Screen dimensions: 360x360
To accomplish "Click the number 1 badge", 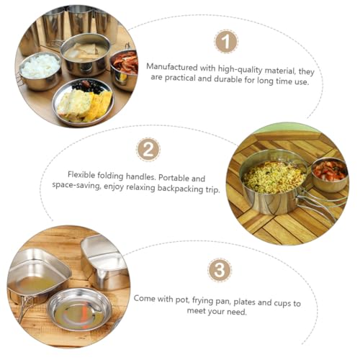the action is [226, 42].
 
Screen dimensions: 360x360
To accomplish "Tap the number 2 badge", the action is [148, 150].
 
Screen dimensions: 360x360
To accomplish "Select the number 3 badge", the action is [220, 270].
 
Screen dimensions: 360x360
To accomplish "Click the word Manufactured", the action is [172, 67].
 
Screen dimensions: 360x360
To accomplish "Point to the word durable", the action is [228, 79].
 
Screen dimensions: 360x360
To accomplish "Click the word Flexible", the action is [81, 175].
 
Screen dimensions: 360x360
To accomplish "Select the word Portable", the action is [173, 178].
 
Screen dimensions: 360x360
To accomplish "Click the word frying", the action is [201, 300].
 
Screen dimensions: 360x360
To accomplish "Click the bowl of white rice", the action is [40, 71].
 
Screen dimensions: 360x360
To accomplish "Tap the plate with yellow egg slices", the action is [83, 103].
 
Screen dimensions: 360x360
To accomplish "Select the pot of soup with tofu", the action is [85, 54].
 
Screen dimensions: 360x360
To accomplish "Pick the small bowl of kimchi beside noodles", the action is [330, 175].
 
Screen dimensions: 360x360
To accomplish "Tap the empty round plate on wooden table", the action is [80, 310].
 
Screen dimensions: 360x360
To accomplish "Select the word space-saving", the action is [76, 185].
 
